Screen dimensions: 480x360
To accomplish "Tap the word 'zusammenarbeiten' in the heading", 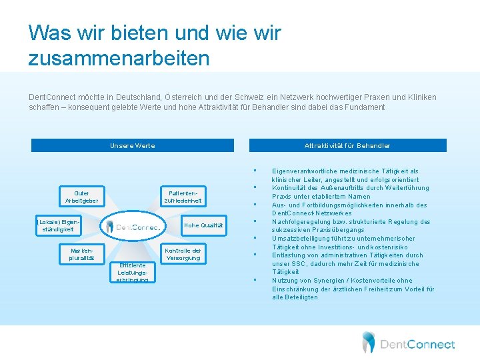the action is point(119,58).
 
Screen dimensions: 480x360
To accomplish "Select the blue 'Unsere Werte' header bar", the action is point(133,145).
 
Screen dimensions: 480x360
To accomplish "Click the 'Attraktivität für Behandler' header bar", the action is point(347,145).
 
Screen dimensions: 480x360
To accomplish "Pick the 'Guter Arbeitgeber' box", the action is point(82,197).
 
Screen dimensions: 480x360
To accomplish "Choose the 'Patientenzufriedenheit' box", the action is point(183,197).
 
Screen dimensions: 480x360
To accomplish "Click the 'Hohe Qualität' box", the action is point(203,225).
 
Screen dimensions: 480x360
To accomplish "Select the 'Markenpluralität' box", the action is point(81,254).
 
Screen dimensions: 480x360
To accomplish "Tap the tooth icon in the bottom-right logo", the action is point(368,342).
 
